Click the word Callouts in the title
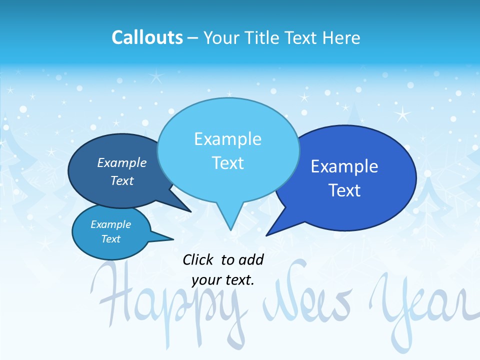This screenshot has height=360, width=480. pyautogui.click(x=147, y=37)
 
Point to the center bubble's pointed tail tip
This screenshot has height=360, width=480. pyautogui.click(x=230, y=229)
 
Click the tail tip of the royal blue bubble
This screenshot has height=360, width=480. pyautogui.click(x=267, y=234)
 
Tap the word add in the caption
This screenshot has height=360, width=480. pyautogui.click(x=251, y=259)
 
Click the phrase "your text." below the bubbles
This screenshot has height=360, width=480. pyautogui.click(x=223, y=280)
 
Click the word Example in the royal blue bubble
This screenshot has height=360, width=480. pyautogui.click(x=344, y=166)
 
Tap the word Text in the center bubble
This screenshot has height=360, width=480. pyautogui.click(x=228, y=163)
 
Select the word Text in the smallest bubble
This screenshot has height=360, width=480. pyautogui.click(x=111, y=239)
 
